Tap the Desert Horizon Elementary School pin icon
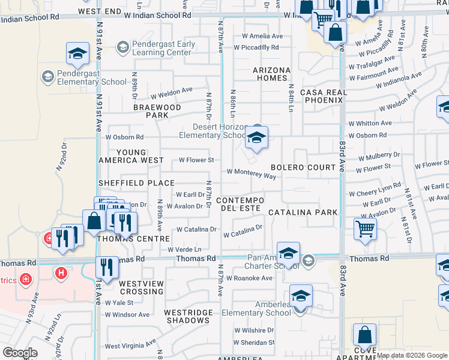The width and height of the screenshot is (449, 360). click(256, 139)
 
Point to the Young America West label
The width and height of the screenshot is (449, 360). click(131, 157)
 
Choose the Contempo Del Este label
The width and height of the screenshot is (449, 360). click(240, 204)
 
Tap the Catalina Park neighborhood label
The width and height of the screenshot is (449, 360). click(303, 212)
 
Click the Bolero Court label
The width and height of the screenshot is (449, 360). click(303, 167)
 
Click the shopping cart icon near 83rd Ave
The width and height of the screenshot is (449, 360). click(365, 228)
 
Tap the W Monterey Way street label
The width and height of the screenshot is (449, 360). click(251, 173)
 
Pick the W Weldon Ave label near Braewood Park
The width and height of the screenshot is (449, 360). click(172, 92)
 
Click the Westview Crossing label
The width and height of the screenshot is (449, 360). click(141, 287)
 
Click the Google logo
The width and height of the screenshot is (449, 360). click(20, 353)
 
